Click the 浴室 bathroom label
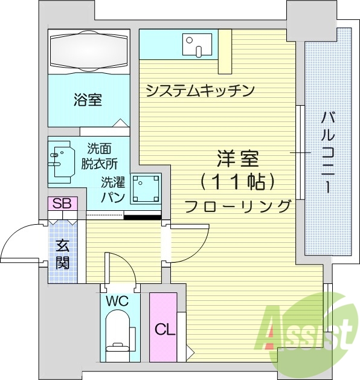88,100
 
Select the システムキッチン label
200,91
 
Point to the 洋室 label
237,159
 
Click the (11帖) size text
237,181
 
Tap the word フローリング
237,206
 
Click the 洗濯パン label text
113,188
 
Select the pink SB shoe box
62,204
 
